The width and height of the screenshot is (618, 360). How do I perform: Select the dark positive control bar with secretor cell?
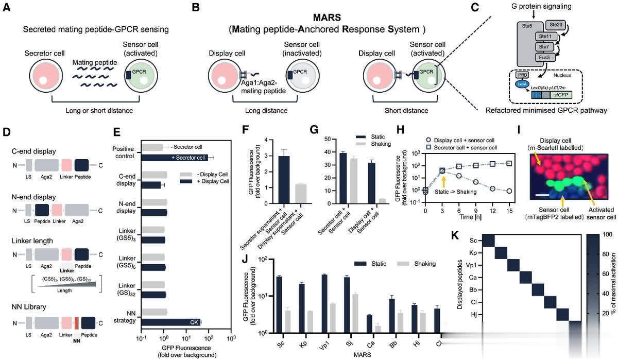[x=175, y=157]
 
